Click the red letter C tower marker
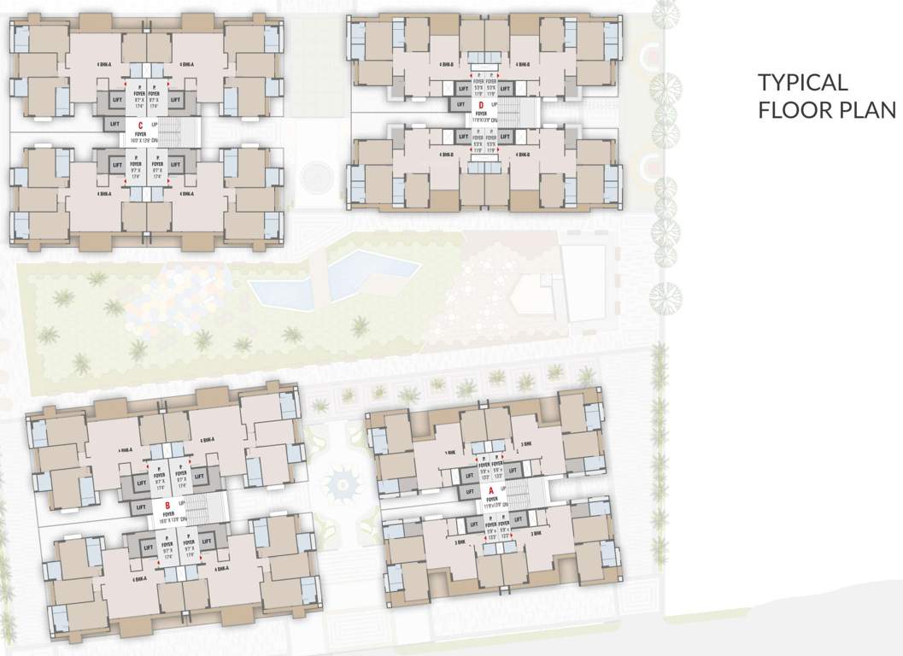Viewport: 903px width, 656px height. [x=139, y=125]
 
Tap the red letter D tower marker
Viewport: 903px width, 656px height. [x=482, y=104]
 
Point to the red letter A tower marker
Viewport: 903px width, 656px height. [x=491, y=490]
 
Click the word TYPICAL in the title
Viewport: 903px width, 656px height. [x=802, y=83]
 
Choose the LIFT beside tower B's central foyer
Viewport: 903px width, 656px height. [x=141, y=507]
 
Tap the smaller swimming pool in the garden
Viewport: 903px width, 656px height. [x=281, y=290]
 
